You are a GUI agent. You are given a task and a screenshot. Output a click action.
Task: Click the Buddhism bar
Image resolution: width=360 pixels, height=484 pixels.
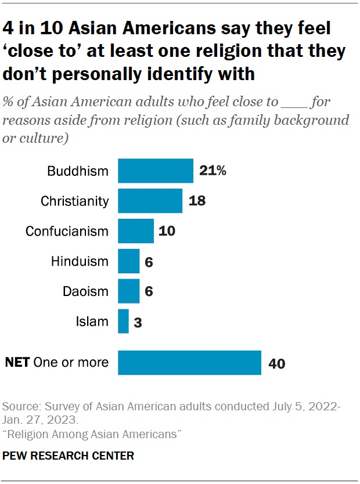156,171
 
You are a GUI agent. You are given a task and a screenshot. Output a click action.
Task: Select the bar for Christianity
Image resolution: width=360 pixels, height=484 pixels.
150,201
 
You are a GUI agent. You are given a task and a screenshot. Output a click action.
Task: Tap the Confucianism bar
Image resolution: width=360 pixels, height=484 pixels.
136,231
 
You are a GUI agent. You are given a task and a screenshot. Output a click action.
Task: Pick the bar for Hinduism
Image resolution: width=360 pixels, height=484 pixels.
128,261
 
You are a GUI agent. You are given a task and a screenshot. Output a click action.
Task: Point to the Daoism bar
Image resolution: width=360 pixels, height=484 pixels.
128,291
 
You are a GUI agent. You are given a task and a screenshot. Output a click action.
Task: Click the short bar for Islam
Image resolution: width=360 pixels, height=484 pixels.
123,321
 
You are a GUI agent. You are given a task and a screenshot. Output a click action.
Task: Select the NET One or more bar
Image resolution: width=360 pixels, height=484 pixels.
189,363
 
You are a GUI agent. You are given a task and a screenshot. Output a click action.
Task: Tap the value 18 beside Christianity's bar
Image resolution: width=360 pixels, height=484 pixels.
197,201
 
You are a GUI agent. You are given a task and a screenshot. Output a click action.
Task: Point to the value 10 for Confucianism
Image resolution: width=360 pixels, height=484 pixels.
166,231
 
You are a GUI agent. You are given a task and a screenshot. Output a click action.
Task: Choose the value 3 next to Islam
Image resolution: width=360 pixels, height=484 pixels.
138,321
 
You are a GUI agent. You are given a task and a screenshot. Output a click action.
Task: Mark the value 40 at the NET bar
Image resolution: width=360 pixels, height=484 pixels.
276,363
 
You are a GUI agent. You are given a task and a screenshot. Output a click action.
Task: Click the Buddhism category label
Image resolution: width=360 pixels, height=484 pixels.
78,171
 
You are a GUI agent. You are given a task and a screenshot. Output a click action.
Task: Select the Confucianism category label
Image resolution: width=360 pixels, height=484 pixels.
67,231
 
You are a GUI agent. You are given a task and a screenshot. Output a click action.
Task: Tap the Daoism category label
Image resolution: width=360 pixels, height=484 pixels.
86,291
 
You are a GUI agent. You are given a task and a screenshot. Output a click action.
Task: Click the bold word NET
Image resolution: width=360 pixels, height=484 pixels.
18,363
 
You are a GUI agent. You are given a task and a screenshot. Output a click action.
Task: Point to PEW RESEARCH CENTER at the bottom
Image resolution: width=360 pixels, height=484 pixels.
69,456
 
